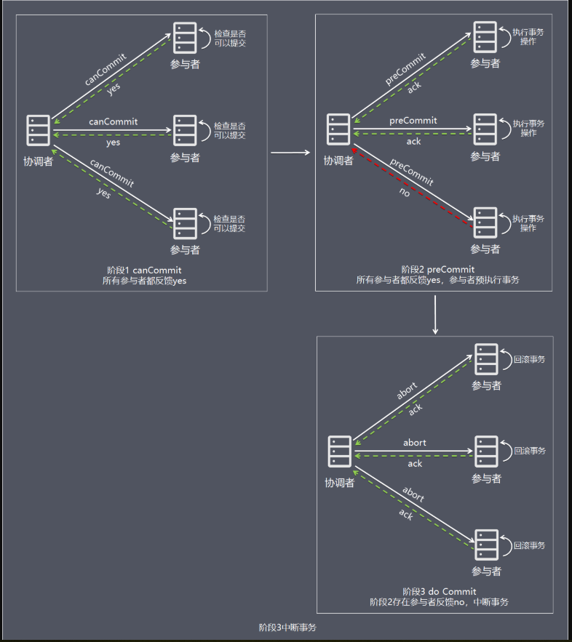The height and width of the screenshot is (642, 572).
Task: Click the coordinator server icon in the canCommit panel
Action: click(39, 131)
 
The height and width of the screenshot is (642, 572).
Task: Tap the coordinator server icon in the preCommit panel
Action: click(338, 129)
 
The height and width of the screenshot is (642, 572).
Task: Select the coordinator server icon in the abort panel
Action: click(340, 452)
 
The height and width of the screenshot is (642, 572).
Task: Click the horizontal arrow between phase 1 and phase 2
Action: click(290, 153)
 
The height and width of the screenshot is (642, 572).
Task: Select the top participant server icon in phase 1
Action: click(185, 37)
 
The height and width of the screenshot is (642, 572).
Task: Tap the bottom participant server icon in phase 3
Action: click(487, 545)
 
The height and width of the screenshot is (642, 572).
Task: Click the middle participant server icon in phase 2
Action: click(485, 128)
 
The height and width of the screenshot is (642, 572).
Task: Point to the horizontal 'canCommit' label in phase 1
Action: click(114, 121)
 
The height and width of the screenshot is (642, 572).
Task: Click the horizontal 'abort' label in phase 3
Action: click(415, 443)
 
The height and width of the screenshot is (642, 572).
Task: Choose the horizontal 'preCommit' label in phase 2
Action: click(413, 120)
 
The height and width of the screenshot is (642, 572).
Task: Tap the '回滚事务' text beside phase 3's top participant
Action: click(529, 359)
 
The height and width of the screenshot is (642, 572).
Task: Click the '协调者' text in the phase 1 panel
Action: click(39, 161)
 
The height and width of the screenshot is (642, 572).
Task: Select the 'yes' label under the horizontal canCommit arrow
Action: click(114, 143)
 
